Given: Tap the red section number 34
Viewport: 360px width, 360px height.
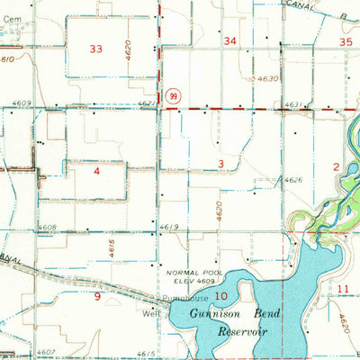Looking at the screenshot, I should point(230,40).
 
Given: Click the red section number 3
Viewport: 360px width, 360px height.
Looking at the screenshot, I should point(220,162).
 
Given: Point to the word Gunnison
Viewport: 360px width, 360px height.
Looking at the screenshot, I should point(212,311).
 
